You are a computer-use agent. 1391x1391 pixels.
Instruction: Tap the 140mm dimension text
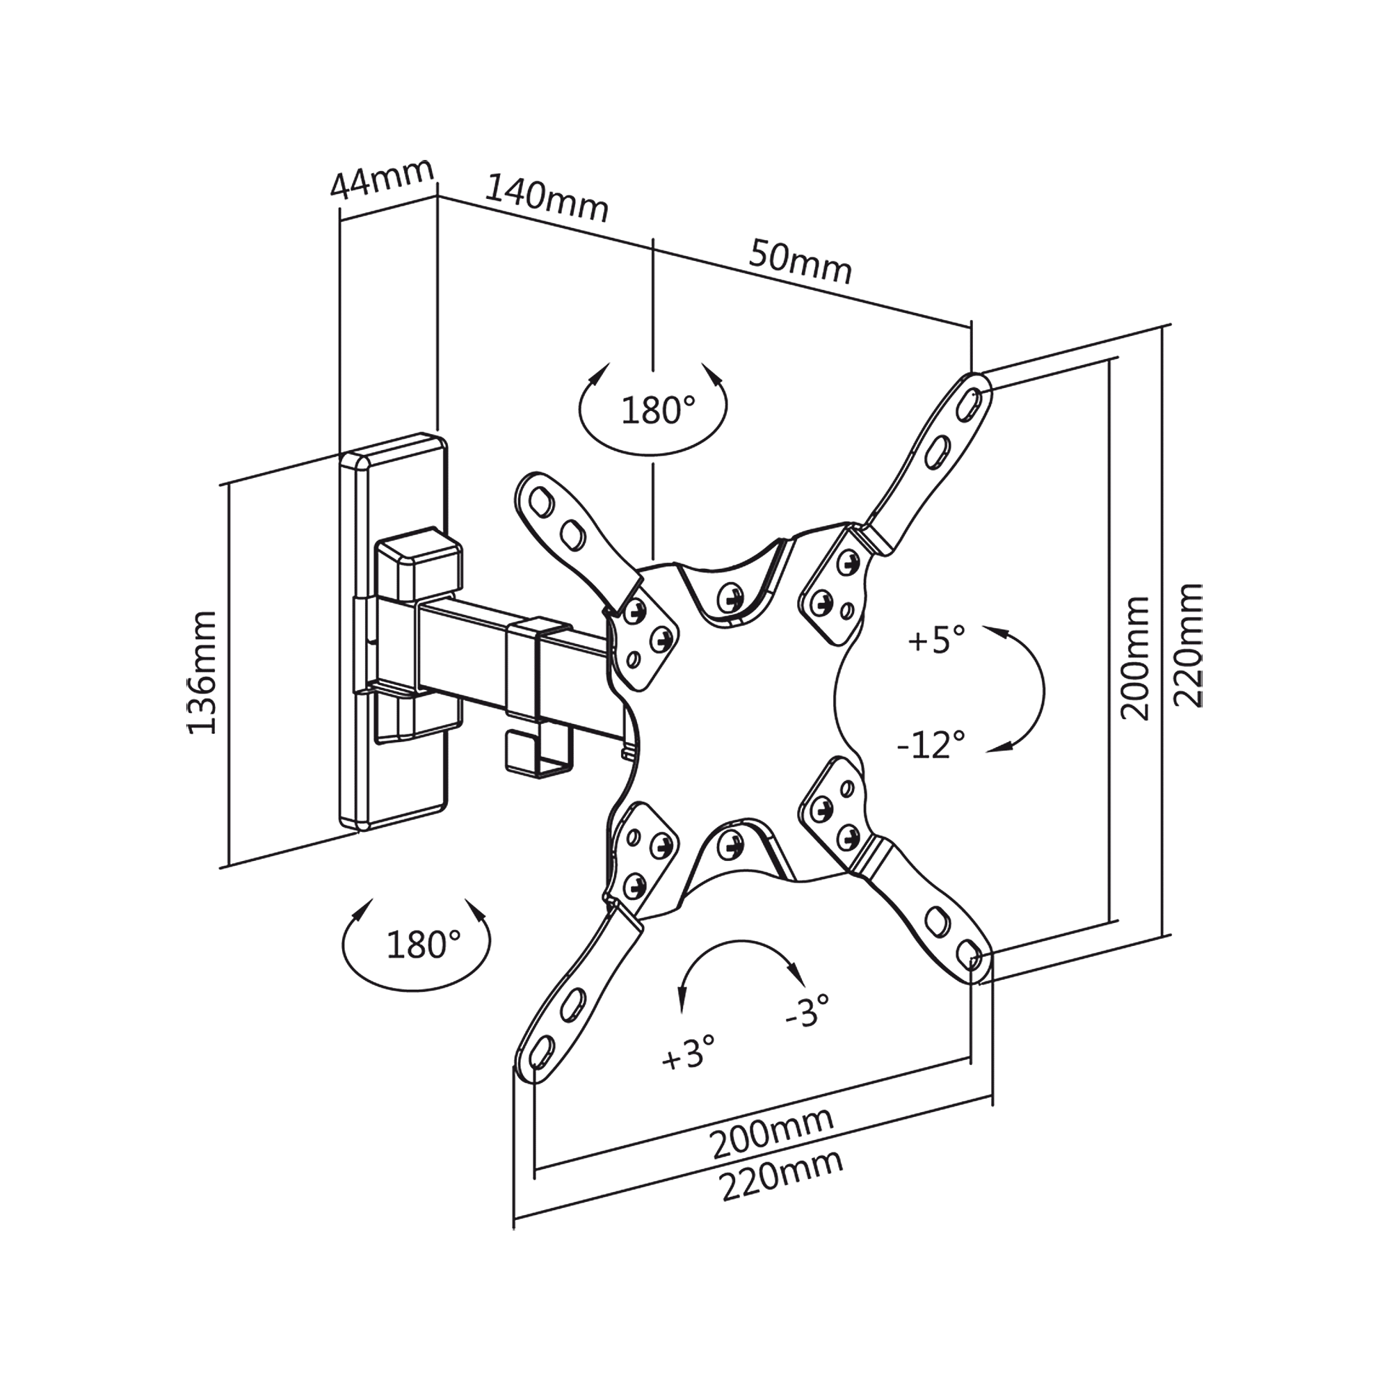click(x=547, y=200)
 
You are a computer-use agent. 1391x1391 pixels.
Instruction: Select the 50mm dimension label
click(x=801, y=262)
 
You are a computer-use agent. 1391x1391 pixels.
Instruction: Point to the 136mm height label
click(x=202, y=673)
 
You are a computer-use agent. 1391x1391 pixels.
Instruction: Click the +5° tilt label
click(x=936, y=639)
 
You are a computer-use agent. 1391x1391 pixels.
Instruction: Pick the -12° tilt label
click(x=931, y=744)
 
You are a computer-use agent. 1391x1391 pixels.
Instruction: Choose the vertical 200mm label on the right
click(x=1136, y=657)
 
